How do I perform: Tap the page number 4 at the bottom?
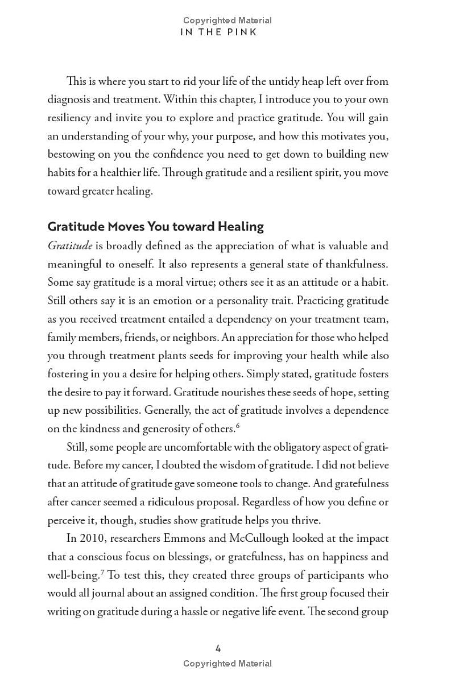click(x=218, y=648)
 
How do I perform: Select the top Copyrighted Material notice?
click(x=227, y=20)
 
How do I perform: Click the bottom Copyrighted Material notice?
click(x=227, y=664)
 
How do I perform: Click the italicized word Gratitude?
click(x=69, y=246)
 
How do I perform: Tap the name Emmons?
click(x=183, y=538)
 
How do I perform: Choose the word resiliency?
click(x=71, y=118)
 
